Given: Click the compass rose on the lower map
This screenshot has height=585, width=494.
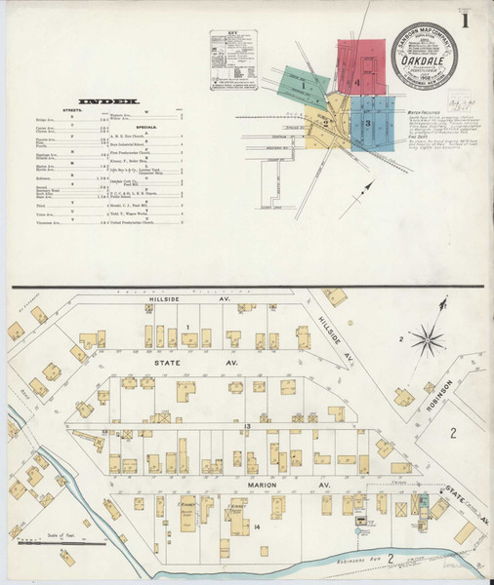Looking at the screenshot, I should (427, 339).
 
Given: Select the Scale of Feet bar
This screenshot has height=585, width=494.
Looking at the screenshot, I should (64, 537).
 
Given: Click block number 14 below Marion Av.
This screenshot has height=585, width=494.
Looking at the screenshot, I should (256, 526).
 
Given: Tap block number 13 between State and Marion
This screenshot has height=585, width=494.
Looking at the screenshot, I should (248, 427).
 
